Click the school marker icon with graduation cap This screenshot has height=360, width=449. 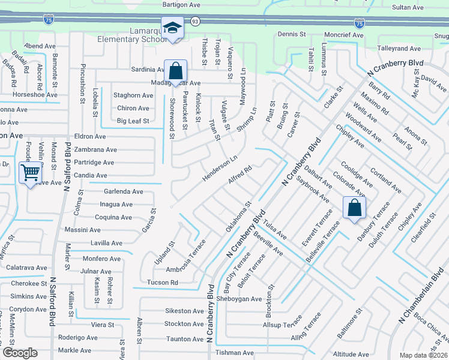172,28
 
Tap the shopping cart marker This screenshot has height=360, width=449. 30,173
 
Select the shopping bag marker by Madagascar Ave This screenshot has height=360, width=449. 175,71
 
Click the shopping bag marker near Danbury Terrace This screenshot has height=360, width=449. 355,208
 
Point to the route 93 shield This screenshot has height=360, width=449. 195,21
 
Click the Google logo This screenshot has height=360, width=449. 20,353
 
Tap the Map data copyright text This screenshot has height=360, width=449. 424,355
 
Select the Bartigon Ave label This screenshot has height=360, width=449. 181,4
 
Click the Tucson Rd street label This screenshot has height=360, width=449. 162,282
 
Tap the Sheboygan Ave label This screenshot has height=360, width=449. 240,299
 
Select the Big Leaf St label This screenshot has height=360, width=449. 133,121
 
